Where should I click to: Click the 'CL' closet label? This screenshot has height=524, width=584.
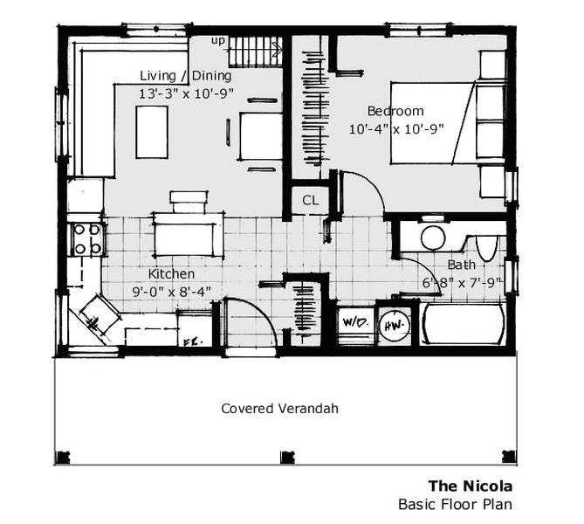(310, 200)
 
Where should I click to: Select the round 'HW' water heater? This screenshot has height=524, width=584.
(395, 323)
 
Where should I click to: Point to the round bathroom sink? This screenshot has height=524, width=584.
(433, 238)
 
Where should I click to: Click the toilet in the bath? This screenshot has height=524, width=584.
(487, 245)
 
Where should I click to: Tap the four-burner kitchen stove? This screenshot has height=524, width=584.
(86, 238)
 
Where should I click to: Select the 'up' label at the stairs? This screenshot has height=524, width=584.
(218, 41)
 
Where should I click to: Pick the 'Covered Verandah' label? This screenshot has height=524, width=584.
(279, 408)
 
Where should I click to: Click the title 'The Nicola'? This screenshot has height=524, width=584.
(470, 486)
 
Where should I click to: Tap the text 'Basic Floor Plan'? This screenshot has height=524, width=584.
(455, 504)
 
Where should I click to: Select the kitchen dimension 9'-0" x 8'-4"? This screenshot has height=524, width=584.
(172, 291)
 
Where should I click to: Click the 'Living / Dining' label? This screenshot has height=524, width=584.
(186, 76)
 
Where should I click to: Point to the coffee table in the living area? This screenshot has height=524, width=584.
(152, 131)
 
